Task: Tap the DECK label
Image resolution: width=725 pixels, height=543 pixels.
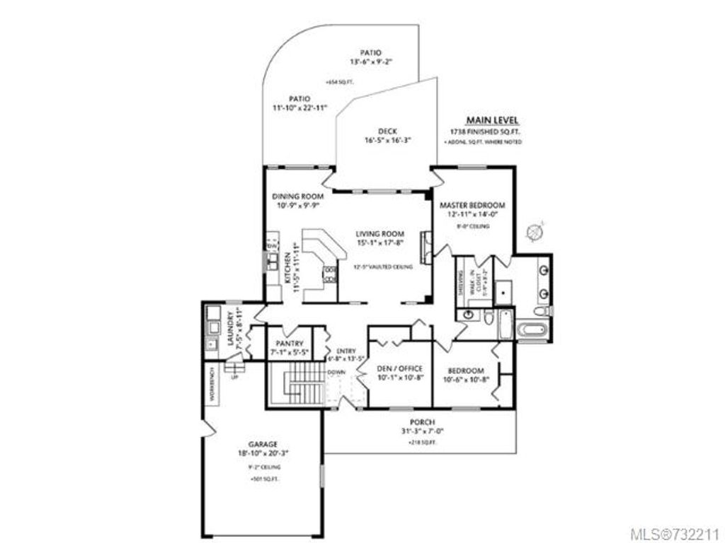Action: (x=387, y=131)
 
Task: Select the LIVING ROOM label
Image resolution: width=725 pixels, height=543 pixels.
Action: (x=379, y=233)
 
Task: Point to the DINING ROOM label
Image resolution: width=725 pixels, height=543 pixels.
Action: (x=298, y=196)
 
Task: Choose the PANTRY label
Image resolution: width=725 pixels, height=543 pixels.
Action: (x=289, y=344)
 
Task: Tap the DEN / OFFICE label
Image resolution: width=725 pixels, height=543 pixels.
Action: (x=400, y=368)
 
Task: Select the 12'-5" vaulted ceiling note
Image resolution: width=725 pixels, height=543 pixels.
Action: (x=382, y=267)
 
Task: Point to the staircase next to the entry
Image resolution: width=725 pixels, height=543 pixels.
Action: (x=296, y=385)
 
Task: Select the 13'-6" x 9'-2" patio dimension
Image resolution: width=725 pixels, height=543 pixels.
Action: (x=370, y=62)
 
